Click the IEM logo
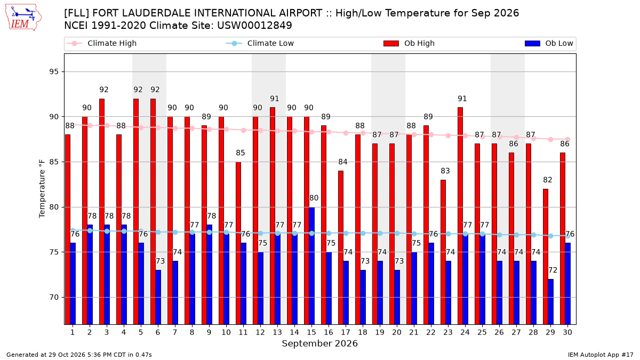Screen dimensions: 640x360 point(23,17)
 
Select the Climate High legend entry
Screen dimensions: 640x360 point(101,43)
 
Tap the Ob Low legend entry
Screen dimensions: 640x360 point(549,43)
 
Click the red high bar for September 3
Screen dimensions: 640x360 point(102,211)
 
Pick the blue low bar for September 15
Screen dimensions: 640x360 point(311,266)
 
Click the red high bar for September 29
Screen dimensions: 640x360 point(546,257)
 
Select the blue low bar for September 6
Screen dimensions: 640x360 point(158,297)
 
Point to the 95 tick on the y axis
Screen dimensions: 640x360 point(54,71)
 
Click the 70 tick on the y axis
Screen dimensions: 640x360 point(54,298)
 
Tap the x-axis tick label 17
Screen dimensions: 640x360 point(346,333)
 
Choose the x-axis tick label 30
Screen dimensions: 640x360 point(567,333)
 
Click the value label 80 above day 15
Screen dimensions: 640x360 point(314,198)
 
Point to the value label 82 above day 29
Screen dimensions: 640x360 point(547,180)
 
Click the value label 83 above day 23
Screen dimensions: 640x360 point(445,171)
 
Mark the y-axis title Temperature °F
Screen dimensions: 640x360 point(42,189)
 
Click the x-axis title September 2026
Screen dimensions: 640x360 point(319,343)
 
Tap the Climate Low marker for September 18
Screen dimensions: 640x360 point(363,234)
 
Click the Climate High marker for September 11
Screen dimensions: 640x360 point(243,130)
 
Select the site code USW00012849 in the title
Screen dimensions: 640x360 point(254,26)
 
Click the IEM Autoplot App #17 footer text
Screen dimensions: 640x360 point(601,355)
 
